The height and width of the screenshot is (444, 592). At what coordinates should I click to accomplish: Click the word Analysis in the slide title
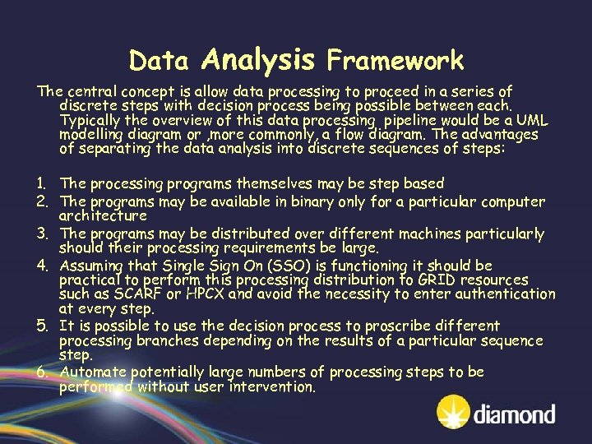(x=257, y=59)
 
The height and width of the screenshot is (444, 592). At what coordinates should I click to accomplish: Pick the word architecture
(x=103, y=215)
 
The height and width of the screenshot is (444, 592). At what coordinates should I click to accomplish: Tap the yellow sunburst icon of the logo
(x=455, y=412)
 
